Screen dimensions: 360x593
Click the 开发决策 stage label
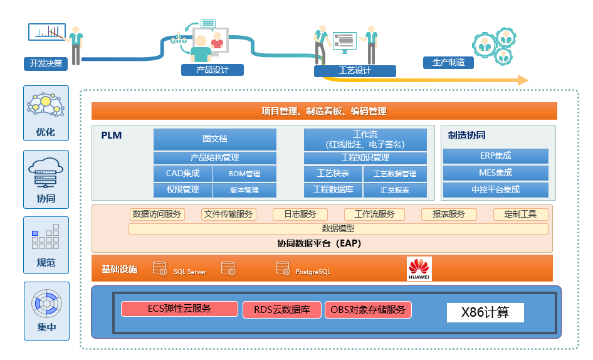click(46, 63)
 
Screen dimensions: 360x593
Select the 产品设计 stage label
click(212, 70)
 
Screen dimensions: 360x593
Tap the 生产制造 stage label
click(448, 62)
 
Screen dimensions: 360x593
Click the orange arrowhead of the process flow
click(522, 80)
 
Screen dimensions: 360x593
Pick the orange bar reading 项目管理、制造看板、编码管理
click(324, 111)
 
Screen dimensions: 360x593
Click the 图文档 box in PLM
click(214, 139)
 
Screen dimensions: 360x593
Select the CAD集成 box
click(182, 174)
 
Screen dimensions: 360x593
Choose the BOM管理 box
click(244, 174)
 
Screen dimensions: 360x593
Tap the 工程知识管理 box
click(365, 157)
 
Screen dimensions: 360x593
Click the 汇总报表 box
click(395, 190)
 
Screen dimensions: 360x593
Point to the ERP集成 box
click(495, 156)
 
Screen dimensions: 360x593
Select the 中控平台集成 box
click(495, 189)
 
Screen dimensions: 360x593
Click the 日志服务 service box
click(300, 214)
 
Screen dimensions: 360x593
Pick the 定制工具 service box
click(520, 214)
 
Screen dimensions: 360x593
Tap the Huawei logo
click(419, 268)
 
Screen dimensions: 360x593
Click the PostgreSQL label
click(313, 272)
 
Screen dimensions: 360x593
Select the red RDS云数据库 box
click(282, 309)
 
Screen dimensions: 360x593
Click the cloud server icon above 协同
click(46, 171)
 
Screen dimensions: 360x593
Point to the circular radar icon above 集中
click(46, 302)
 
